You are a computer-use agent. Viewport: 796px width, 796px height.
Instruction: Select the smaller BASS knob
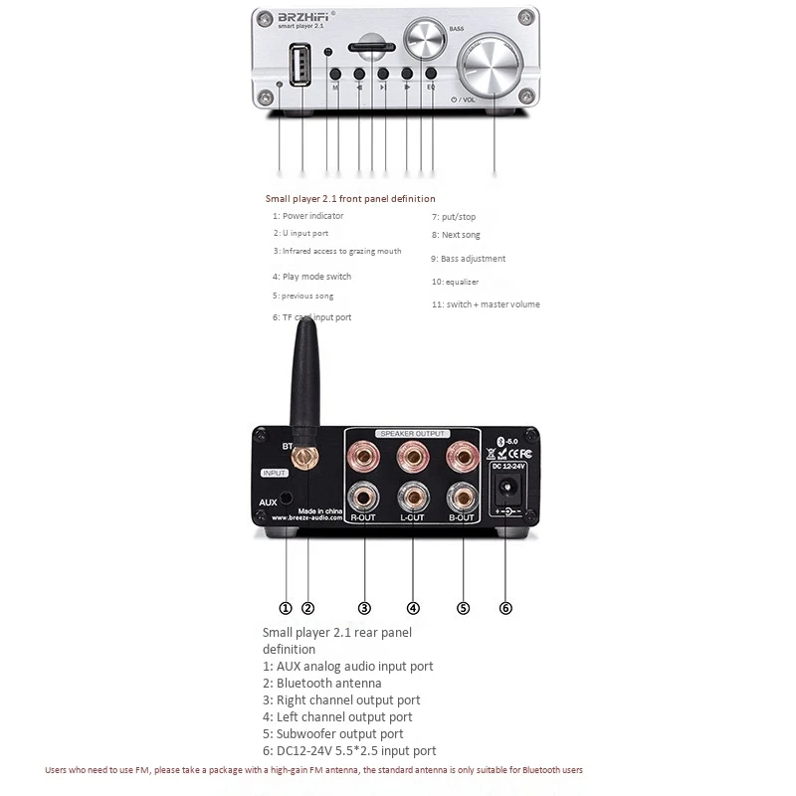(427, 41)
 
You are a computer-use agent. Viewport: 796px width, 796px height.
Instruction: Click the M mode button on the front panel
(335, 74)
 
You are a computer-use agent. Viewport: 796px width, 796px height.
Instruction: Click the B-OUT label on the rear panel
(463, 519)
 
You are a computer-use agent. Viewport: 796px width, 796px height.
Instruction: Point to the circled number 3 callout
(364, 608)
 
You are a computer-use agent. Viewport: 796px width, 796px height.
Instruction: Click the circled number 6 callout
(505, 608)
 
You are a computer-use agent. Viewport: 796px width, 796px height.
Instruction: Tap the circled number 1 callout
(286, 608)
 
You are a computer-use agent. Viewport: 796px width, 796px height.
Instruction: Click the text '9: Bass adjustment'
(468, 259)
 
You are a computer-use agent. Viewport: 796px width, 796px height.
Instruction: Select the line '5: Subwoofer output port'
(332, 733)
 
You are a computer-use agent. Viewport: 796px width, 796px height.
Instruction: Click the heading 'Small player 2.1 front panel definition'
(349, 199)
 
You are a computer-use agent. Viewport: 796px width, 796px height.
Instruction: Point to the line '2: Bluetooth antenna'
(321, 683)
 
